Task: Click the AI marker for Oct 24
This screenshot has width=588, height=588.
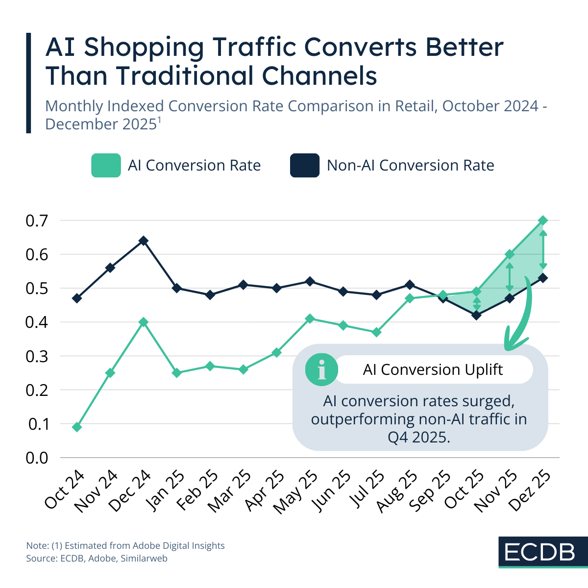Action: pyautogui.click(x=77, y=427)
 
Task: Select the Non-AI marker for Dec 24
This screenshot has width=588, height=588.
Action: pyautogui.click(x=144, y=241)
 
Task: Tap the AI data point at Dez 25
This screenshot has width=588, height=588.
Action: pyautogui.click(x=543, y=220)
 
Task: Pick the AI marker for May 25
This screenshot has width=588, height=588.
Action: pyautogui.click(x=310, y=319)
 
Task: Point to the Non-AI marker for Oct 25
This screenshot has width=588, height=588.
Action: pyautogui.click(x=476, y=315)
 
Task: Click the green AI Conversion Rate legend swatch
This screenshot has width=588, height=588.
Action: pyautogui.click(x=106, y=165)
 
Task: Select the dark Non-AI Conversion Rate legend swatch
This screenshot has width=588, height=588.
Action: pyautogui.click(x=305, y=165)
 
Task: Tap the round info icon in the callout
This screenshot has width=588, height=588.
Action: pyautogui.click(x=321, y=369)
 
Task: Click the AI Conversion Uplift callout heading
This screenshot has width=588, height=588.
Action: pyautogui.click(x=433, y=369)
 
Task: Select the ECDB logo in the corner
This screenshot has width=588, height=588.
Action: pyautogui.click(x=539, y=552)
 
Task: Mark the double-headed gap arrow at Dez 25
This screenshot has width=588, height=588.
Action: pyautogui.click(x=543, y=249)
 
